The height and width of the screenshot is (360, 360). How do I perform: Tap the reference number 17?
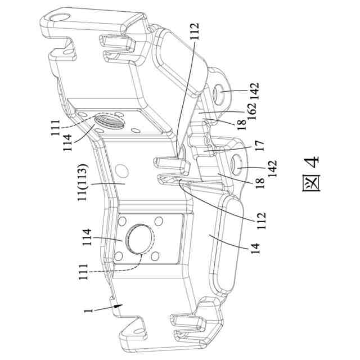pyautogui.click(x=259, y=146)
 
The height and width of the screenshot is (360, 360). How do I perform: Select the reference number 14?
pyautogui.click(x=255, y=248)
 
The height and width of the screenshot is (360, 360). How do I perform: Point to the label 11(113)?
pyautogui.click(x=83, y=182)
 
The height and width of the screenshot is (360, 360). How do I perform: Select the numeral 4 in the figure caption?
pyautogui.click(x=312, y=162)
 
